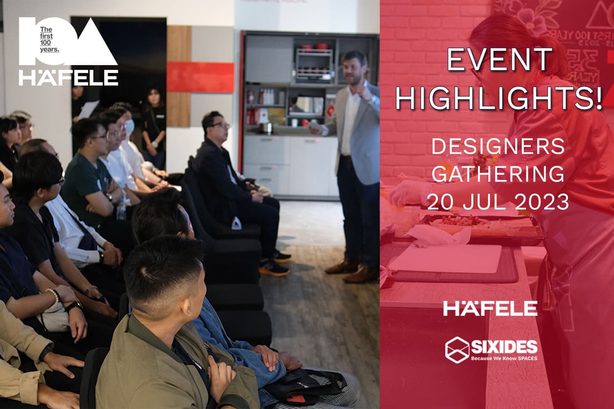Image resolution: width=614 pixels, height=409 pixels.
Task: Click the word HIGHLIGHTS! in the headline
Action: click(x=499, y=99)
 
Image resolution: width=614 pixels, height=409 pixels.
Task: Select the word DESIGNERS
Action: click(x=498, y=147)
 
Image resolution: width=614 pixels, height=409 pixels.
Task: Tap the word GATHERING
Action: click(x=498, y=174)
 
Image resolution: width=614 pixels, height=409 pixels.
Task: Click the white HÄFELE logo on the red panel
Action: click(x=490, y=308)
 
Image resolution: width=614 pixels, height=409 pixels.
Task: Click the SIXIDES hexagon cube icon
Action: click(x=457, y=350)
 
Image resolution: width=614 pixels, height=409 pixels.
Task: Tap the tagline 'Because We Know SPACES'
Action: click(x=504, y=358)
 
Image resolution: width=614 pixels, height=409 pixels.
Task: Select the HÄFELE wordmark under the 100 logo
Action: click(x=69, y=77)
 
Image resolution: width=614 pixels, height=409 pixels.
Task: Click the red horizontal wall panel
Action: click(x=200, y=77)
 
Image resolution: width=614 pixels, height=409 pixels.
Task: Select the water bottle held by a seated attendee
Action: click(x=121, y=209)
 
